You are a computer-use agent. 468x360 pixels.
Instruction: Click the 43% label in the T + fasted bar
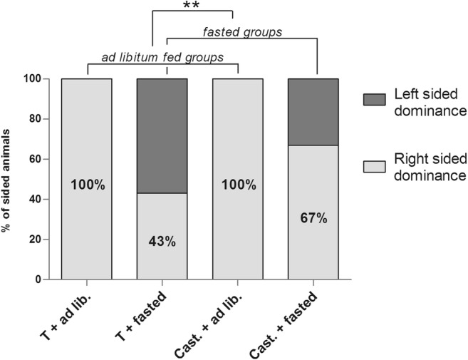pos(162,241)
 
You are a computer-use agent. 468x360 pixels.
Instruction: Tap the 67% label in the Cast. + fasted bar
pos(313,217)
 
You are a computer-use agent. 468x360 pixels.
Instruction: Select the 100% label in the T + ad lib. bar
pos(87,185)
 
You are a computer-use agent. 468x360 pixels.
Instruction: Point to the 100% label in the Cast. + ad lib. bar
pos(238,185)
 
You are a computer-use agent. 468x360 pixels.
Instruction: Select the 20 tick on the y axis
pos(43,240)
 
